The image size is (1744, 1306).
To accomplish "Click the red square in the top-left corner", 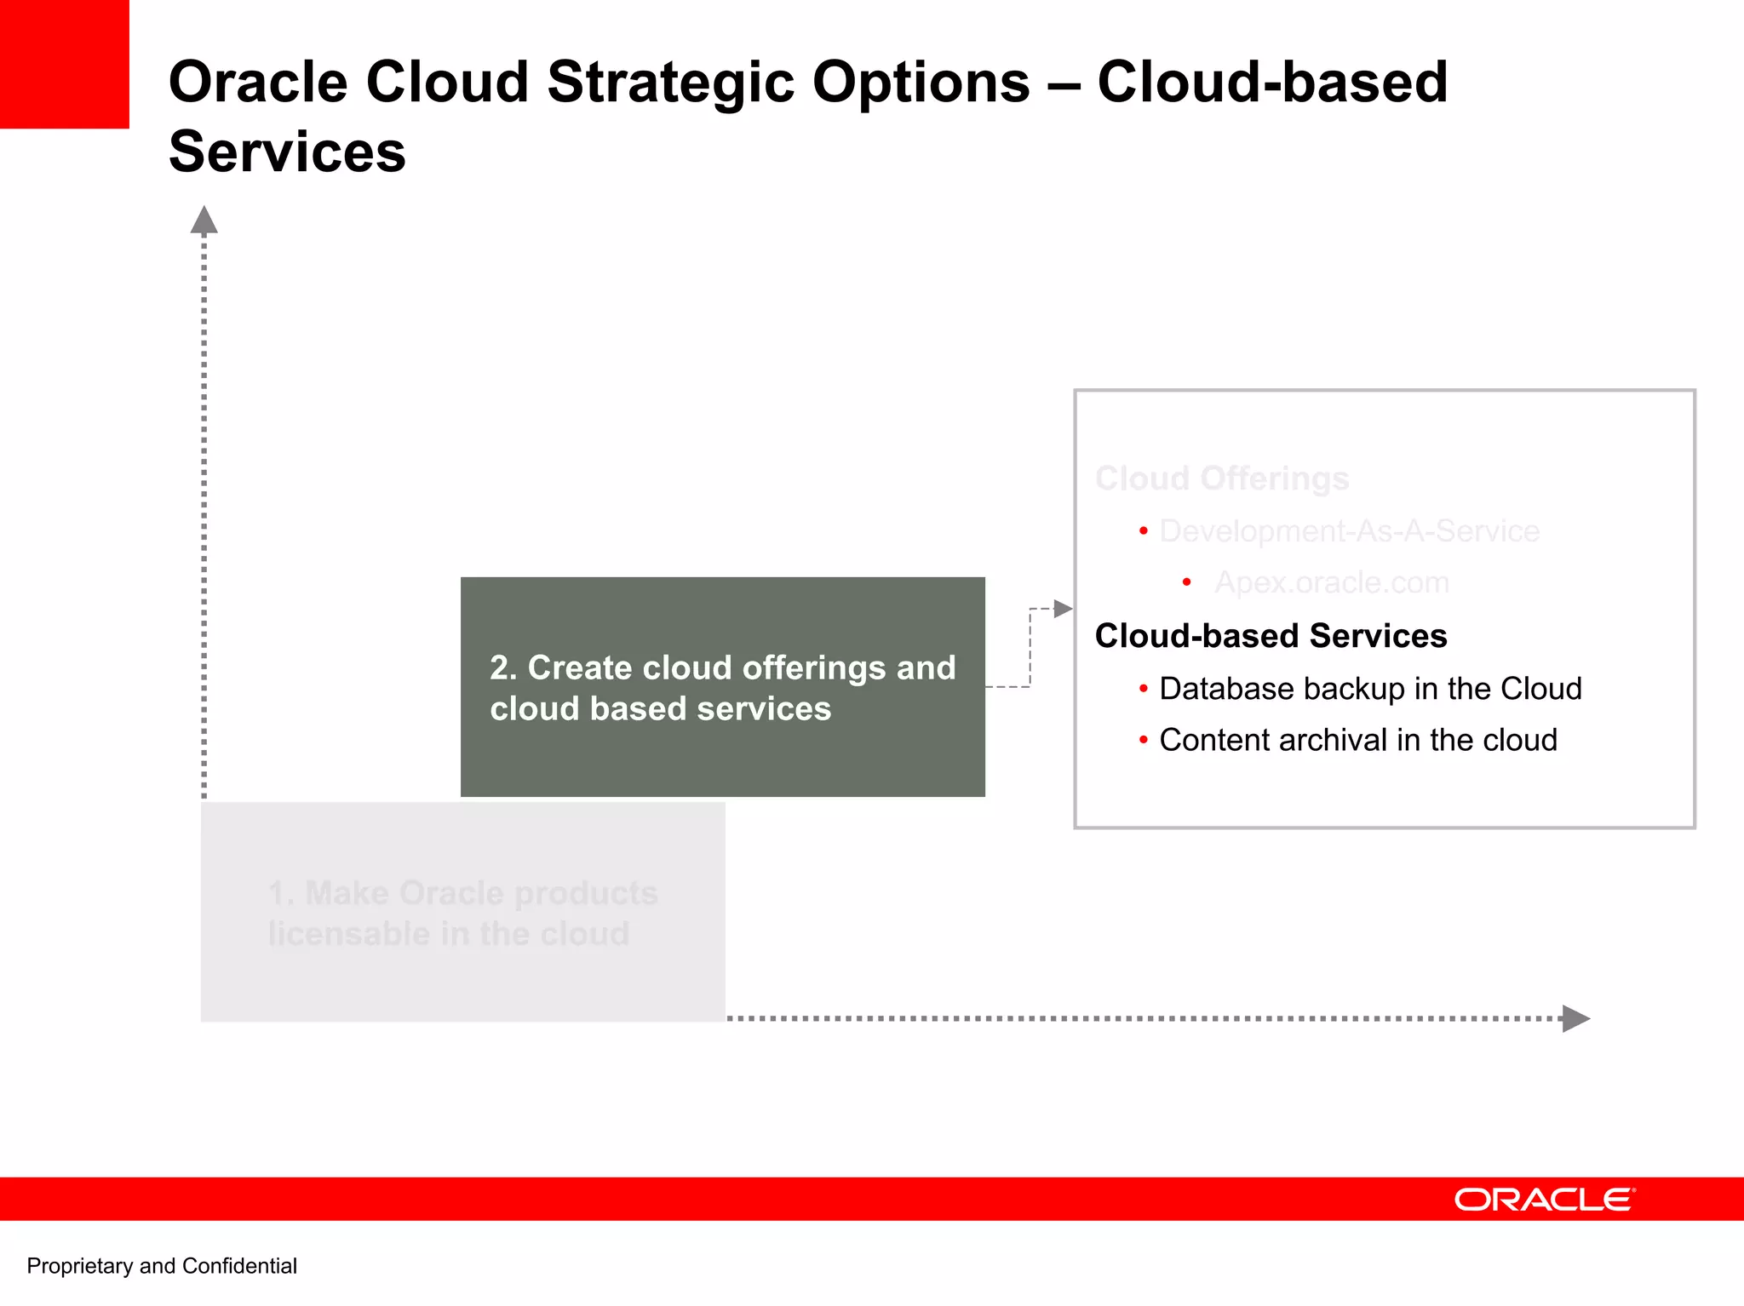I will [64, 64].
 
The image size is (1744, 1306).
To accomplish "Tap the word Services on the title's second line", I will [287, 152].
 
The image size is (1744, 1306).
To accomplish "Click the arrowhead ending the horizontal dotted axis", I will [1575, 1018].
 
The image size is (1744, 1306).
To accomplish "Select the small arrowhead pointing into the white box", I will [1063, 609].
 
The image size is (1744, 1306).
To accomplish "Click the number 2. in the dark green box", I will [503, 668].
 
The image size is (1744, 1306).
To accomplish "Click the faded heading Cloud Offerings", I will [1221, 478].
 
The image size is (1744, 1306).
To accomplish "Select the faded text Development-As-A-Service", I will [1349, 531].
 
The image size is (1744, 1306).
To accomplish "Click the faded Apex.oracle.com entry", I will [1331, 582].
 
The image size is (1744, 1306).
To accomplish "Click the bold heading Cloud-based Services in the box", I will [1271, 636].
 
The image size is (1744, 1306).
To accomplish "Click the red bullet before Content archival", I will [1143, 740].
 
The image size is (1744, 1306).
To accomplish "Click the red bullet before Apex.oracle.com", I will [1186, 582].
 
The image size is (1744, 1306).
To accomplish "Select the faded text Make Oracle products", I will [481, 893].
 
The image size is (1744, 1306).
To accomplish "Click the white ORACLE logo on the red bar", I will [1544, 1200].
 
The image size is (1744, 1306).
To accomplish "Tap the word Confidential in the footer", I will [239, 1266].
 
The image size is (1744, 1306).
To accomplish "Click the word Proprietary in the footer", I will [79, 1266].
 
